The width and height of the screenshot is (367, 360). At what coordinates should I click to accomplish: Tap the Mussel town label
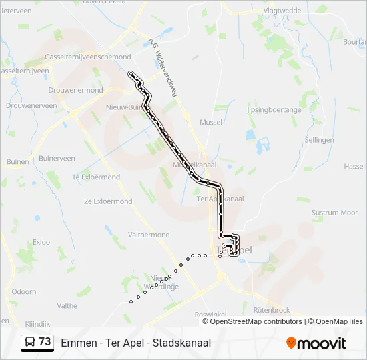[211, 122]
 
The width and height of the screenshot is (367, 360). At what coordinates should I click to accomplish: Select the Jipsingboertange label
[274, 109]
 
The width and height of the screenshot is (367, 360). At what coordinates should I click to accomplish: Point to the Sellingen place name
[319, 140]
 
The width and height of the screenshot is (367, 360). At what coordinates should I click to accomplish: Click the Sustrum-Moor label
[334, 213]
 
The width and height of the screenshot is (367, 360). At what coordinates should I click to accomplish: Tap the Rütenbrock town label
[272, 310]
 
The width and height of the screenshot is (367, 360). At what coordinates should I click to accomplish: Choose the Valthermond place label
[148, 235]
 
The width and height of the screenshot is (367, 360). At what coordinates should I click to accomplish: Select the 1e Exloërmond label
[96, 177]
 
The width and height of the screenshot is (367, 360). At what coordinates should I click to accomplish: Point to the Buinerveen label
[57, 158]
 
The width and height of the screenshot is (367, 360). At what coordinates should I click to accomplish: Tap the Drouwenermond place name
[76, 90]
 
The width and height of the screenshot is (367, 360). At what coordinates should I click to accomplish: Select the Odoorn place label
[24, 291]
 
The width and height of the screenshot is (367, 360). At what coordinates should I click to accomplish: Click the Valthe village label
[67, 306]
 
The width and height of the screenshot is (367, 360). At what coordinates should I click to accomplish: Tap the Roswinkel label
[211, 314]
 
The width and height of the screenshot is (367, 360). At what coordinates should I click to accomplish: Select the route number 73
[45, 342]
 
